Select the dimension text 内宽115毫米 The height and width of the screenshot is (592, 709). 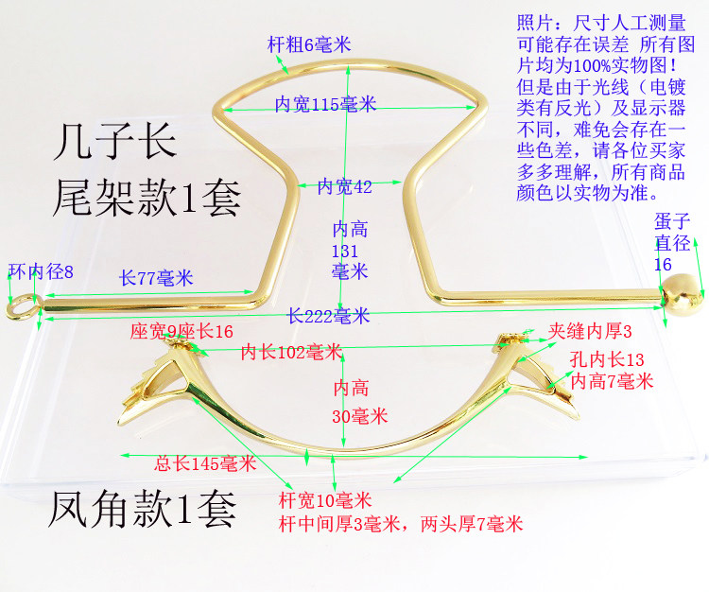pos(325,104)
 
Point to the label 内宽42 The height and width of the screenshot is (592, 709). pos(344,186)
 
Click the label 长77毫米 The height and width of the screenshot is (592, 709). pos(156,278)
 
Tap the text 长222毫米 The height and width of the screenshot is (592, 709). pos(329,315)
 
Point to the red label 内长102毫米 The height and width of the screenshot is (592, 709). pos(291,353)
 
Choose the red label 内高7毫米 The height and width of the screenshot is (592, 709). pos(612,381)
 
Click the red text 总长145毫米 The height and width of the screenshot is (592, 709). pos(205,463)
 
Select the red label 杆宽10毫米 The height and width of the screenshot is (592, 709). pos(325,500)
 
